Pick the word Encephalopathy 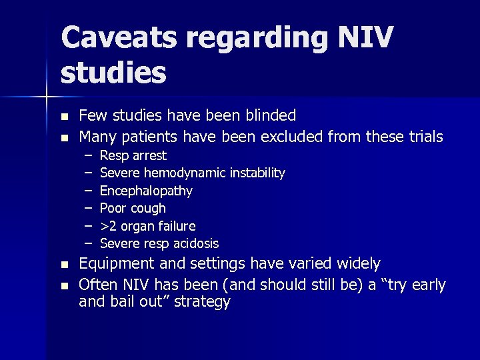pyautogui.click(x=146, y=191)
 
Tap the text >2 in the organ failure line pyautogui.click(x=108, y=226)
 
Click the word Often pyautogui.click(x=97, y=285)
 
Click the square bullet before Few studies pyautogui.click(x=64, y=117)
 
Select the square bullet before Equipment pyautogui.click(x=64, y=265)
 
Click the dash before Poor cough pyautogui.click(x=89, y=208)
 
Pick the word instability pyautogui.click(x=257, y=173)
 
